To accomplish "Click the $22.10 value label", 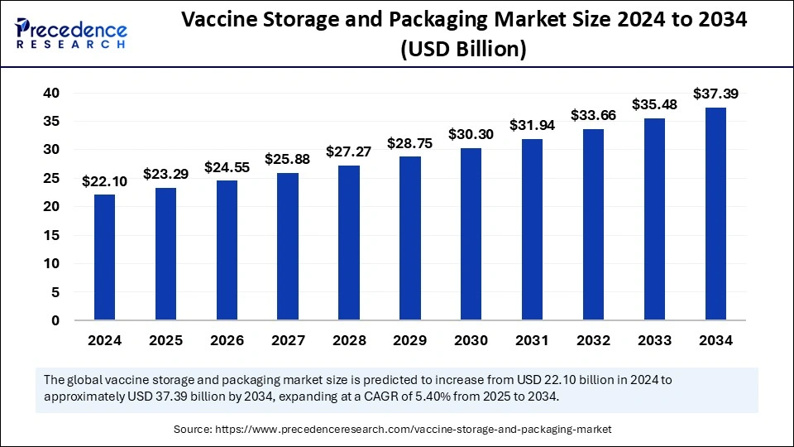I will click(x=104, y=182).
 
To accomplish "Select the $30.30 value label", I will click(x=471, y=134).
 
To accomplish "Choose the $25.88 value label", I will click(x=287, y=159).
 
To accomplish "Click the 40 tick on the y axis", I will click(x=51, y=94).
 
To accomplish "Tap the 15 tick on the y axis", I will click(x=51, y=235).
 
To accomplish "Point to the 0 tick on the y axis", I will click(x=55, y=320).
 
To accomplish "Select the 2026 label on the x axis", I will click(x=227, y=340).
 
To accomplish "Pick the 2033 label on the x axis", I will click(x=654, y=340).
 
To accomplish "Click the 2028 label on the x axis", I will click(x=349, y=340).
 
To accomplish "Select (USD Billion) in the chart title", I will click(x=463, y=50).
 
